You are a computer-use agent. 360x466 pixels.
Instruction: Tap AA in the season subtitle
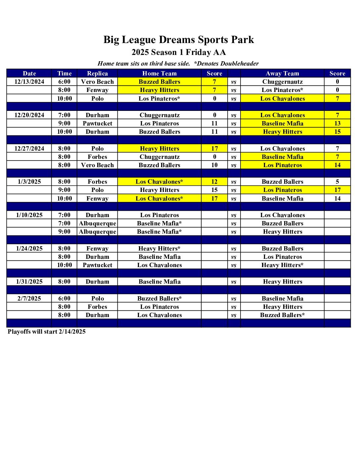[219, 52]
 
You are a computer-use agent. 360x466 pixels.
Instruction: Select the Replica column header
[97, 73]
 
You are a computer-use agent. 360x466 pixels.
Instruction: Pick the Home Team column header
[159, 73]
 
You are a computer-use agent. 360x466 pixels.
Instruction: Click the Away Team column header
[282, 73]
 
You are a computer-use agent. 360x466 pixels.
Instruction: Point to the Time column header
[64, 73]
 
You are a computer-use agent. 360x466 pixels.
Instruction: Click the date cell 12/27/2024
[29, 149]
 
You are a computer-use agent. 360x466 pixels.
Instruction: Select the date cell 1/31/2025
[29, 282]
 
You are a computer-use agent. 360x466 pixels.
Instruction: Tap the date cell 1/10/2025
[29, 215]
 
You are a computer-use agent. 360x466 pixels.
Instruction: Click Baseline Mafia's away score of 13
[337, 123]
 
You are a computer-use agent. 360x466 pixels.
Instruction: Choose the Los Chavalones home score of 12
[214, 182]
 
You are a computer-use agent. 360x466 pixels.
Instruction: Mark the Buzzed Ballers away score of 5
[337, 182]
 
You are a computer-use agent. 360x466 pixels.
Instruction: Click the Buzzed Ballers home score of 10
[214, 165]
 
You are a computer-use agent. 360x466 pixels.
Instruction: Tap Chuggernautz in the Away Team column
[282, 82]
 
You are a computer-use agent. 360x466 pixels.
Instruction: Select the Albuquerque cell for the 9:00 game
[97, 232]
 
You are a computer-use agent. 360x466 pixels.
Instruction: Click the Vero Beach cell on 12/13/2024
[97, 82]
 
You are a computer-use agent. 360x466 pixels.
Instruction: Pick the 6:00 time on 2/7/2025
[64, 299]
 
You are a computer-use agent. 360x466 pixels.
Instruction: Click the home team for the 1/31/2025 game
[159, 282]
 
